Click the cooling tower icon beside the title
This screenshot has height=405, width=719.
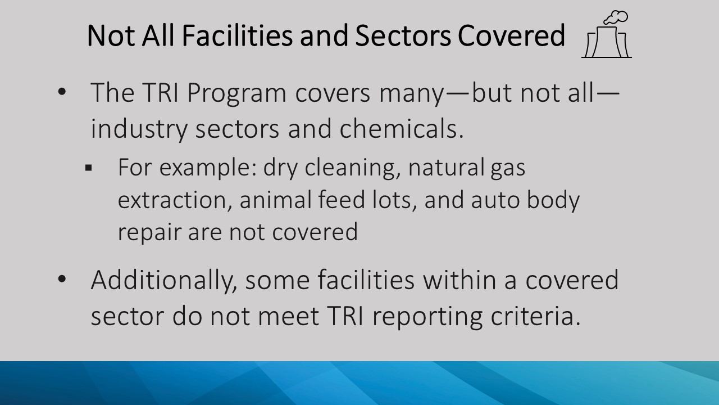[x=606, y=42]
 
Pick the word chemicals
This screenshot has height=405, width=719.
[x=401, y=128]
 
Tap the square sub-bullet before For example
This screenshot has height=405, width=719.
[x=89, y=168]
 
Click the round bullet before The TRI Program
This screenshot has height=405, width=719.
[x=62, y=92]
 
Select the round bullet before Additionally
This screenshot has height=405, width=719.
[x=62, y=280]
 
